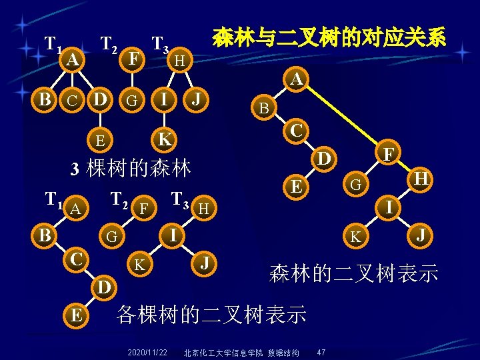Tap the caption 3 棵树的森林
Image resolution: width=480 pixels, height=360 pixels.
pos(131,167)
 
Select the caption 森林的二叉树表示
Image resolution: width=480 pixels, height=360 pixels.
pos(353,273)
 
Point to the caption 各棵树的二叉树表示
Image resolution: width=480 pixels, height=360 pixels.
pos(211,313)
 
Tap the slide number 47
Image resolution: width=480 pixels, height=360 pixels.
pos(321,351)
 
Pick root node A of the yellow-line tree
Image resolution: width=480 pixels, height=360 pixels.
pos(297,80)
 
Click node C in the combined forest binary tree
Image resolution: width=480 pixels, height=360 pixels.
pos(296,131)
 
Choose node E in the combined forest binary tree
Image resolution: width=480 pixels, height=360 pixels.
pos(295,187)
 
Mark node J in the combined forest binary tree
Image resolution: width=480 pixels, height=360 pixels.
pos(421,235)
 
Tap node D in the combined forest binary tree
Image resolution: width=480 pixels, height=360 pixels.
pos(323,159)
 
